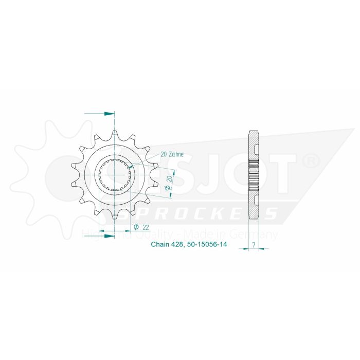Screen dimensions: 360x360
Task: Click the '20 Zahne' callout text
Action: coord(172,154)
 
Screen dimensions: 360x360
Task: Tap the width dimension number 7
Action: coord(254,245)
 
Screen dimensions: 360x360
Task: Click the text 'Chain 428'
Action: coord(166,245)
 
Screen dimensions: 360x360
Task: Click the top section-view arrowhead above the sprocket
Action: coord(109,113)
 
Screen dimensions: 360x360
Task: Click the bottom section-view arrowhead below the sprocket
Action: coord(109,236)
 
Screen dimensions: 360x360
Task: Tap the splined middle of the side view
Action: coord(254,174)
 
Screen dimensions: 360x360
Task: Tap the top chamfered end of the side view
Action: coord(254,132)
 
